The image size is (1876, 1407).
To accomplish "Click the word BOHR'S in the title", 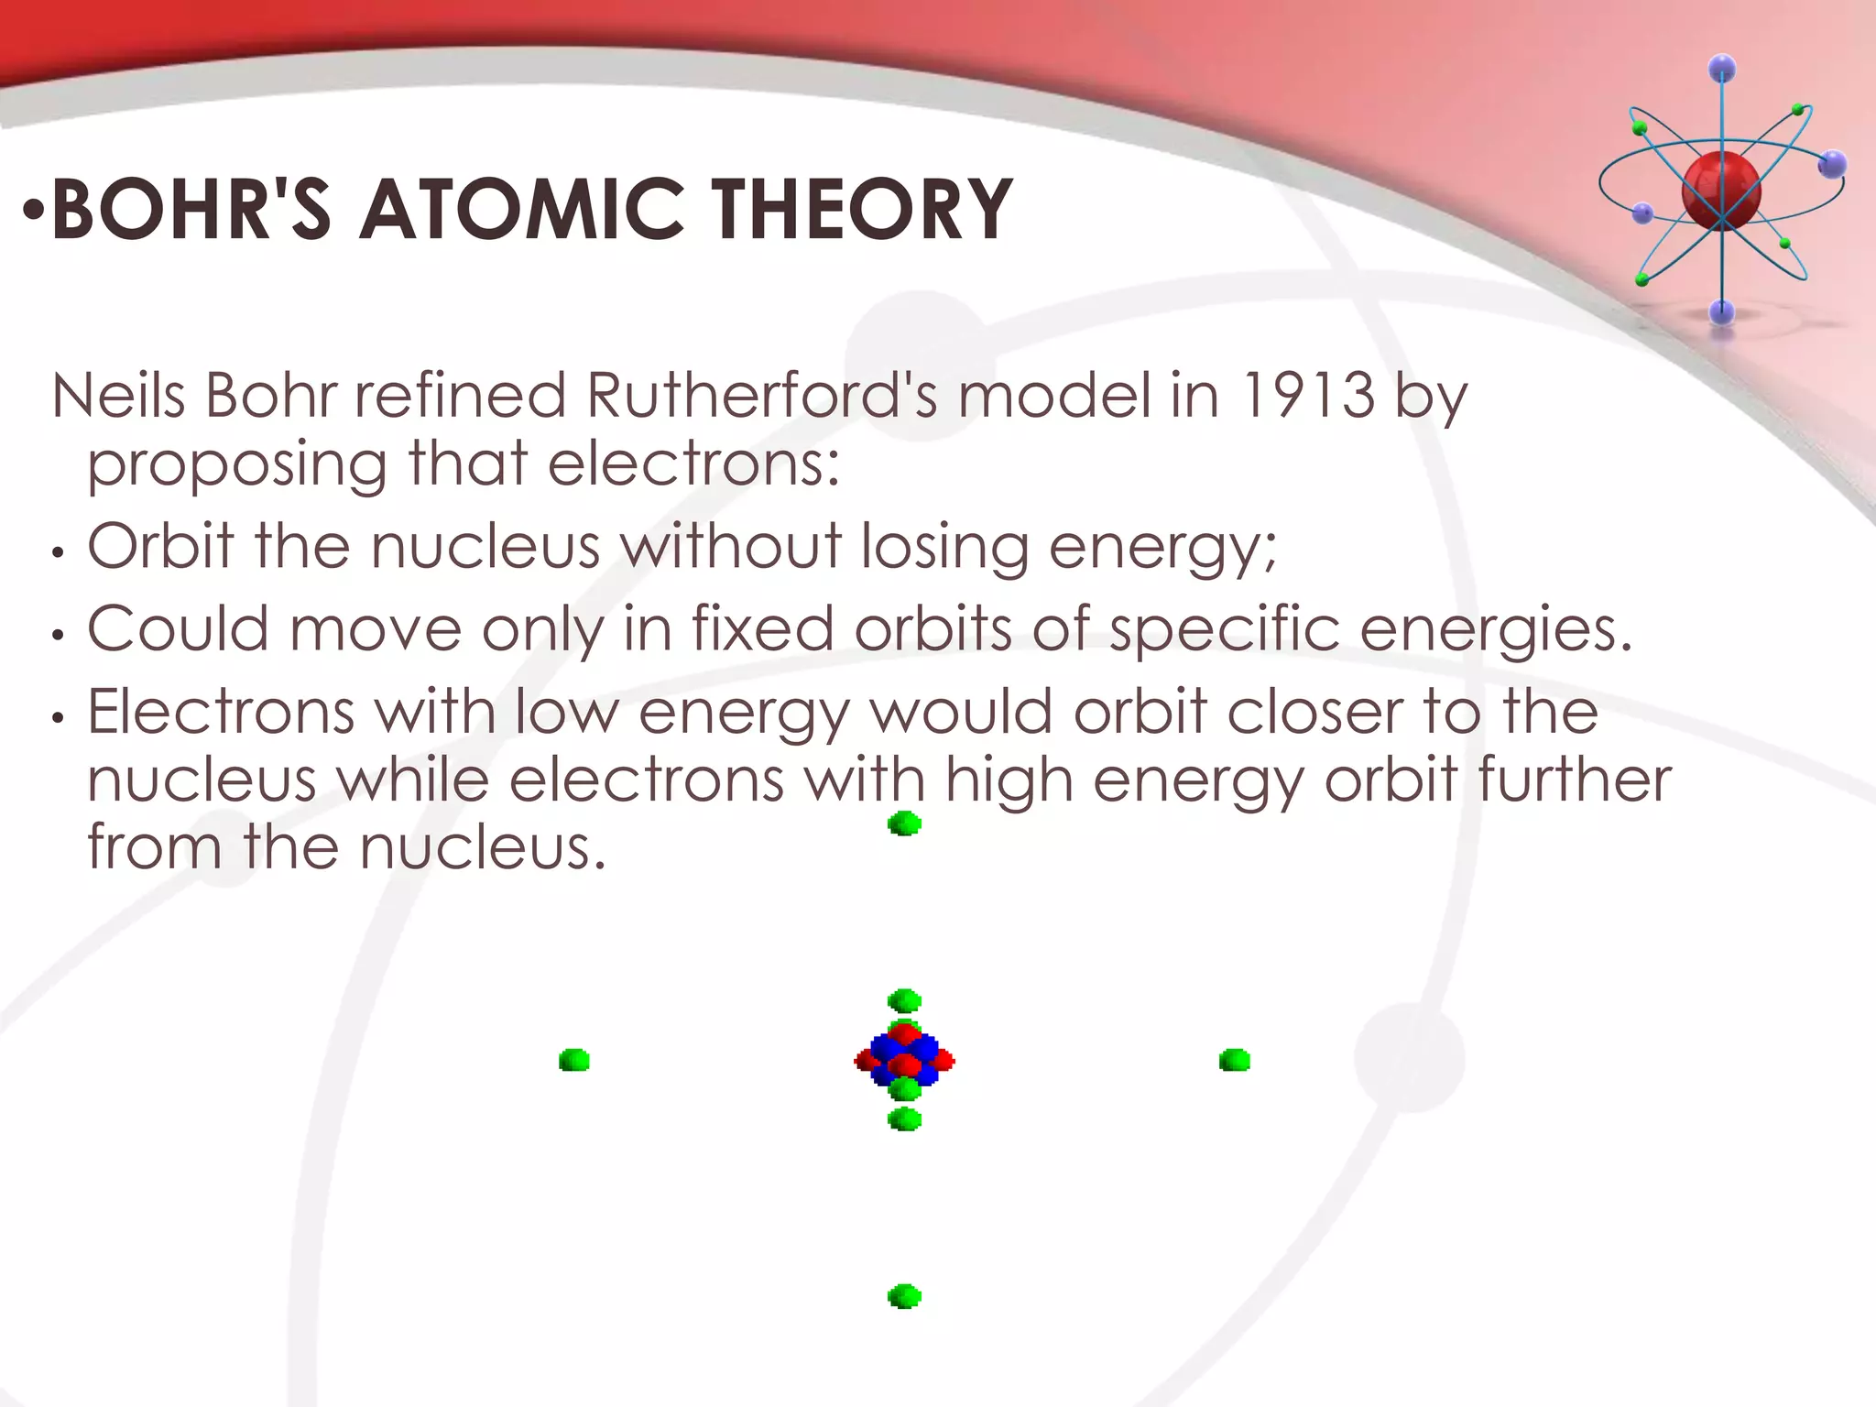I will [191, 210].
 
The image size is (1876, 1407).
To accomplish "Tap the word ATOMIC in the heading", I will [521, 210].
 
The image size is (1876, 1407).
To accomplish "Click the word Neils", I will [119, 396].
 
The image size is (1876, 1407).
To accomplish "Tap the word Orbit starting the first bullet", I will [160, 546].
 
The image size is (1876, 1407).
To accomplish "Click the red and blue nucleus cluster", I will [904, 1061].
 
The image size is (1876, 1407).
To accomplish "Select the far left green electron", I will [574, 1061].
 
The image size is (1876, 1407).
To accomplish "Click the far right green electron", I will [1235, 1061].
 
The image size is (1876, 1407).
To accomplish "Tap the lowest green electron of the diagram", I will [904, 1296].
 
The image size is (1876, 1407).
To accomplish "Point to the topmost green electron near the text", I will [904, 823].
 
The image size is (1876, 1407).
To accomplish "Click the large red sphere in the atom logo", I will [1721, 191].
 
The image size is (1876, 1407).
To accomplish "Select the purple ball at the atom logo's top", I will [1722, 68].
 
